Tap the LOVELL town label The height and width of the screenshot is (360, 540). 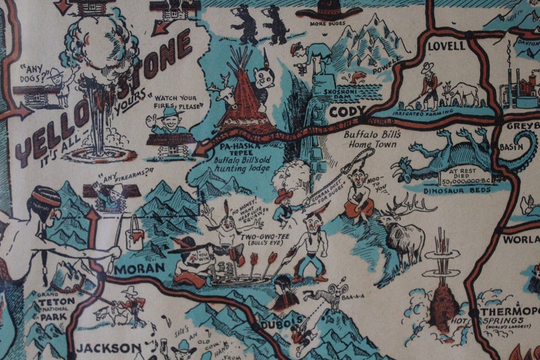click(446, 46)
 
